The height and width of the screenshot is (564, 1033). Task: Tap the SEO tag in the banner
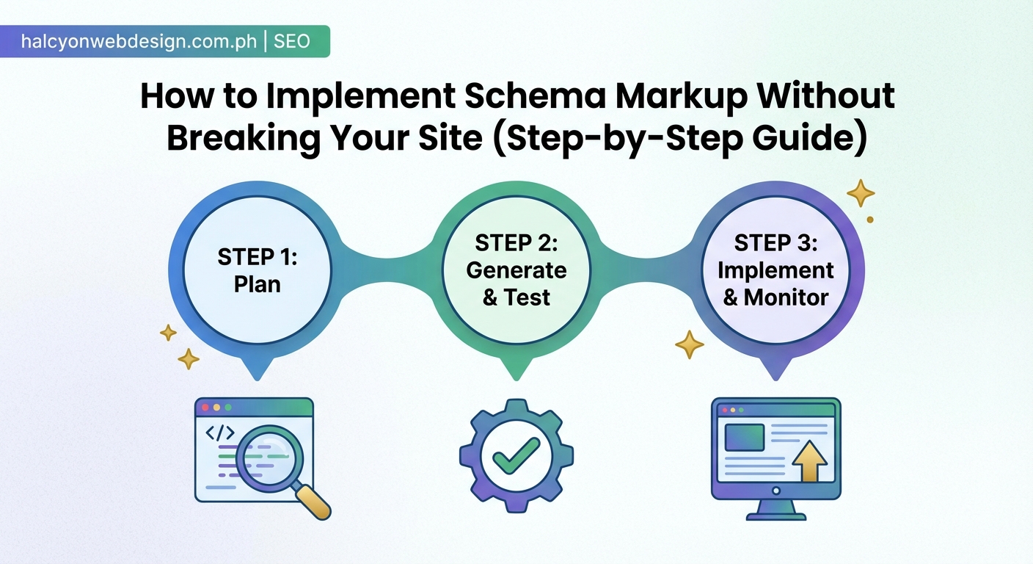(x=292, y=42)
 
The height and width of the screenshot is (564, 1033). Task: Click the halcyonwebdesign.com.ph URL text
(x=139, y=42)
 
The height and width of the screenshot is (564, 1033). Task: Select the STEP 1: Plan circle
(x=258, y=270)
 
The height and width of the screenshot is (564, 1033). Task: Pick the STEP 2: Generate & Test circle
(x=516, y=270)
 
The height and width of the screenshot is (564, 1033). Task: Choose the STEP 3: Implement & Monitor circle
(x=775, y=270)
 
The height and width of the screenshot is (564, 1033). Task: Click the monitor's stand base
(x=775, y=513)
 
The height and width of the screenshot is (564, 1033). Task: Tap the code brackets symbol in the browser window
(x=220, y=433)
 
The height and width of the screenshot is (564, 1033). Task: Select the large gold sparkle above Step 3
(x=861, y=193)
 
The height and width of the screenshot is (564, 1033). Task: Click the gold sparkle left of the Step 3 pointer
(x=689, y=344)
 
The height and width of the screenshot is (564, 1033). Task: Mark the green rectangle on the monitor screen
(x=744, y=436)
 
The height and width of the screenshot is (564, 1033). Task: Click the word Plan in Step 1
(x=258, y=283)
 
